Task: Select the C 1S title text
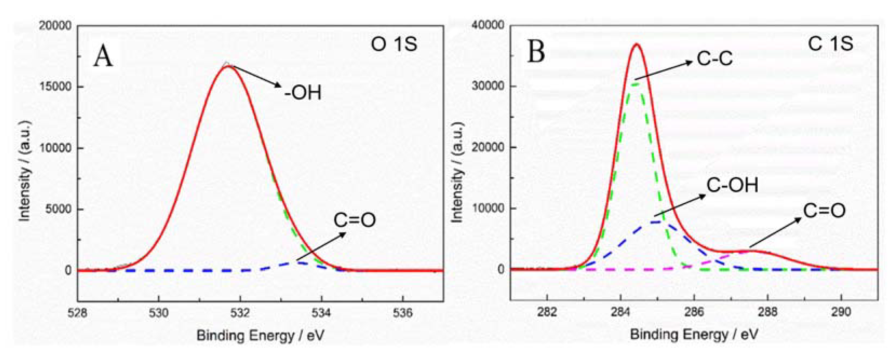tap(830, 44)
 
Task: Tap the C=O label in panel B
tap(824, 211)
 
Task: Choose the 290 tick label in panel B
tap(841, 312)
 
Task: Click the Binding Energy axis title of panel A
tap(260, 336)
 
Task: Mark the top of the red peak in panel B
tap(637, 44)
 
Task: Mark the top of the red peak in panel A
tap(228, 66)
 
